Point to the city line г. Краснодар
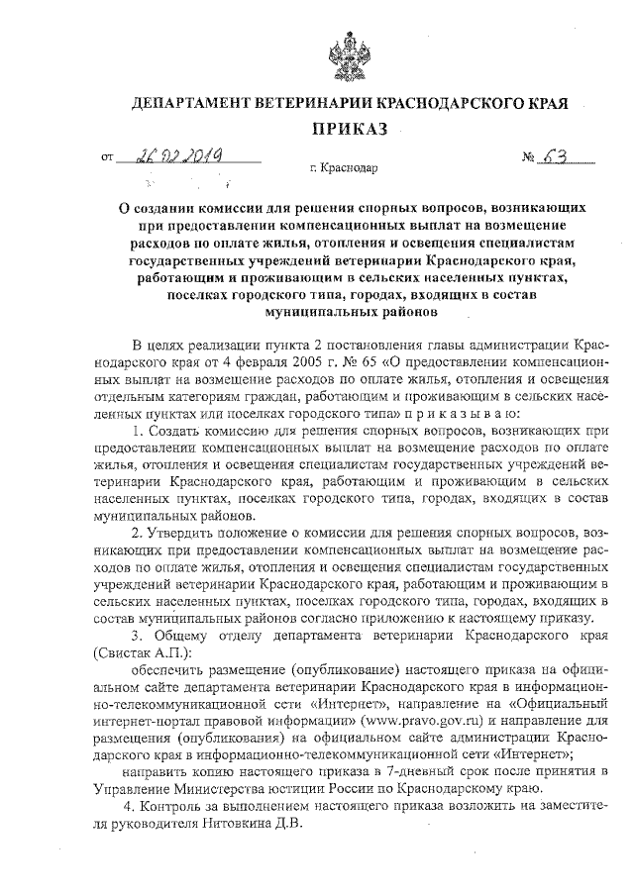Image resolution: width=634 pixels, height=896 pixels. tap(344, 169)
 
